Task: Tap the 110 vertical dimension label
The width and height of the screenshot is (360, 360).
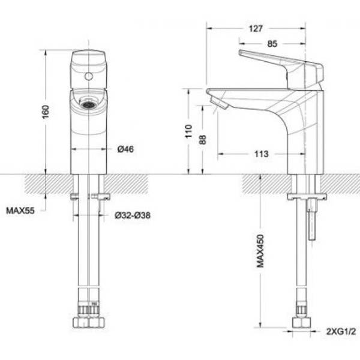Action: coord(188,131)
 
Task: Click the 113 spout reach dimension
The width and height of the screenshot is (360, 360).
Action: coord(261,154)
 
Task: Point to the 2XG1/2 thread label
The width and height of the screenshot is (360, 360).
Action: coord(340,331)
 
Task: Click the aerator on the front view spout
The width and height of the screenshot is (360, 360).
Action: coord(88,104)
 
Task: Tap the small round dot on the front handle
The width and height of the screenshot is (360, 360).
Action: coord(88,77)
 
